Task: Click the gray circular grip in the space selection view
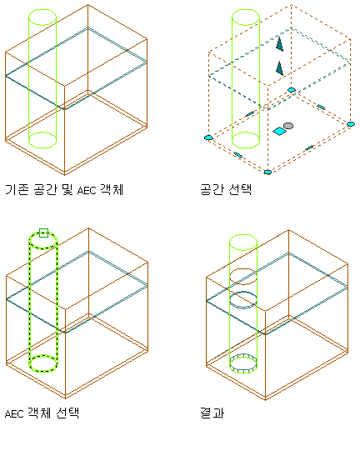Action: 288,126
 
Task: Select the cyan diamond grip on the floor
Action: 279,132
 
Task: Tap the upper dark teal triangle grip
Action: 279,43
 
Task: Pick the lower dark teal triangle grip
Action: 279,68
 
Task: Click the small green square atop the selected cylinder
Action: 43,233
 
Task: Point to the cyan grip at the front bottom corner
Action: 267,173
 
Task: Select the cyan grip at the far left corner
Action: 208,138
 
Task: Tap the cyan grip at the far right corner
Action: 351,124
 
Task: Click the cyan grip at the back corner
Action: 292,90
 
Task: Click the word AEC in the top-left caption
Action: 87,190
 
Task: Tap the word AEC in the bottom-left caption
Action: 14,413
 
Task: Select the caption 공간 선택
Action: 226,189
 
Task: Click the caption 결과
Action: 212,413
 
